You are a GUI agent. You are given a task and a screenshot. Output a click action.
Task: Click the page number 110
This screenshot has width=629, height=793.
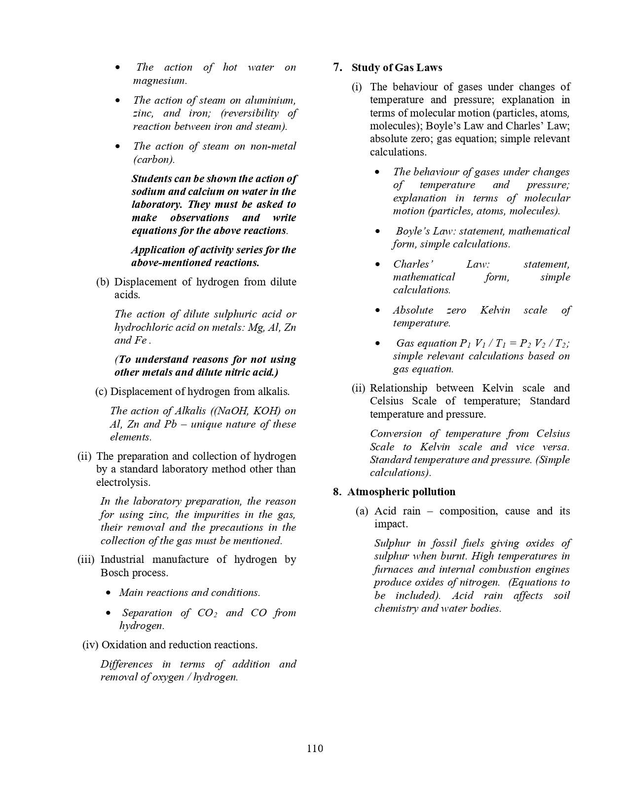click(315, 748)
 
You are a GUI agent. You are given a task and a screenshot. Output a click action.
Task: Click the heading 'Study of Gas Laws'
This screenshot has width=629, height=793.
click(397, 68)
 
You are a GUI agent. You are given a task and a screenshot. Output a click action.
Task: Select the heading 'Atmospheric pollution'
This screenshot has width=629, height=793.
click(401, 492)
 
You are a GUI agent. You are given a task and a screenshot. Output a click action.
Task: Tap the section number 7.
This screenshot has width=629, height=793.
click(337, 68)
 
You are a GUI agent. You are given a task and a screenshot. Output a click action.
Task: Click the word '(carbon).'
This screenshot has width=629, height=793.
click(154, 159)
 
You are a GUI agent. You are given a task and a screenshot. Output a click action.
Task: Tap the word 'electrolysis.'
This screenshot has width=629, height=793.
click(123, 482)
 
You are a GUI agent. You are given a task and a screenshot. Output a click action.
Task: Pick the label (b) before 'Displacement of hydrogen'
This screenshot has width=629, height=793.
click(102, 282)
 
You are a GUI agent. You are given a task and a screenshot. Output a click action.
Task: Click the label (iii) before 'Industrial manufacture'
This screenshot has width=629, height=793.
click(87, 559)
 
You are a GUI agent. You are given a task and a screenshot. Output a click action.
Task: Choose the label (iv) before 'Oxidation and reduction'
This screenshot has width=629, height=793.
click(90, 645)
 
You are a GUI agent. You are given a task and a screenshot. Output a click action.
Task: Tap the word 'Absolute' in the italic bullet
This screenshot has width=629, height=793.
click(413, 310)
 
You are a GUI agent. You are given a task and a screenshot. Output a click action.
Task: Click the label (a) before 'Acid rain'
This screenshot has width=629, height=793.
click(362, 511)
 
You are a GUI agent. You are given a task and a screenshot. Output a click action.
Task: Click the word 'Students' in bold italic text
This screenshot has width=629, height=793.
click(151, 179)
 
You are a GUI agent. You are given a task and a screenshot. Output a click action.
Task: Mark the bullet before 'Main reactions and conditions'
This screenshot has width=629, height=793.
click(109, 593)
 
